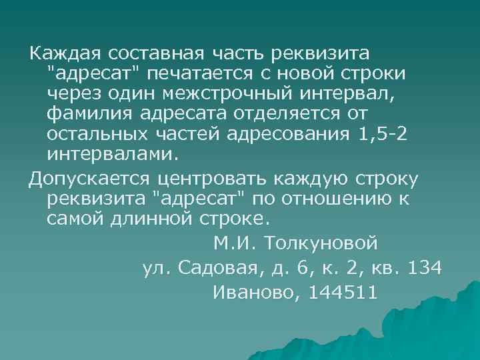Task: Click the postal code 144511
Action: click(343, 292)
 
